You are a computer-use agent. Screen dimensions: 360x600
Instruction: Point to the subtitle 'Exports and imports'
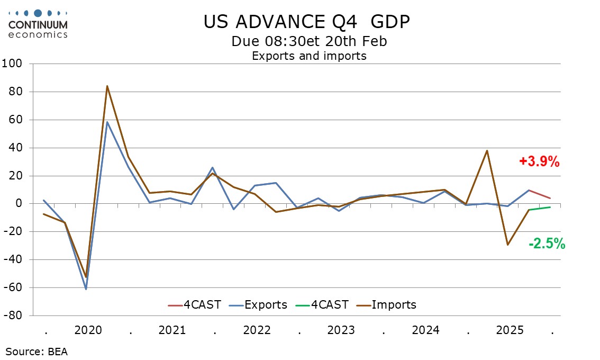[309, 56]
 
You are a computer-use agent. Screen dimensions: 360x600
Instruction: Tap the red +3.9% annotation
[539, 162]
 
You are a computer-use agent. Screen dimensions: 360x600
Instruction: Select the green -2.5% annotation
[547, 244]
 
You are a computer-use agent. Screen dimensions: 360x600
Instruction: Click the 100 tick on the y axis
[14, 64]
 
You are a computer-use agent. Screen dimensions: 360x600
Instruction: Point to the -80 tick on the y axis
[14, 316]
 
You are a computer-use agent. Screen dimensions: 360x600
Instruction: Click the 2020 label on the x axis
[88, 330]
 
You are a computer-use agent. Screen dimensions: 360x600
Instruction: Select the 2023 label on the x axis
[341, 330]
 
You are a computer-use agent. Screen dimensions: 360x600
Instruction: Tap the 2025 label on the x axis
[510, 330]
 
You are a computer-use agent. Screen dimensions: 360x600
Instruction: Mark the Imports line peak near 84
[107, 86]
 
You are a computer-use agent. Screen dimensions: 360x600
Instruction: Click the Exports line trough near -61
[86, 289]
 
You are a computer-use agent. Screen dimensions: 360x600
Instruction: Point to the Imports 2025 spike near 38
[487, 150]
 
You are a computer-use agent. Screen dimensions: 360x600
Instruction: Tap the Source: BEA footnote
[37, 350]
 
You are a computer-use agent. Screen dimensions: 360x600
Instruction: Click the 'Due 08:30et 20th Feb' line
[309, 41]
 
